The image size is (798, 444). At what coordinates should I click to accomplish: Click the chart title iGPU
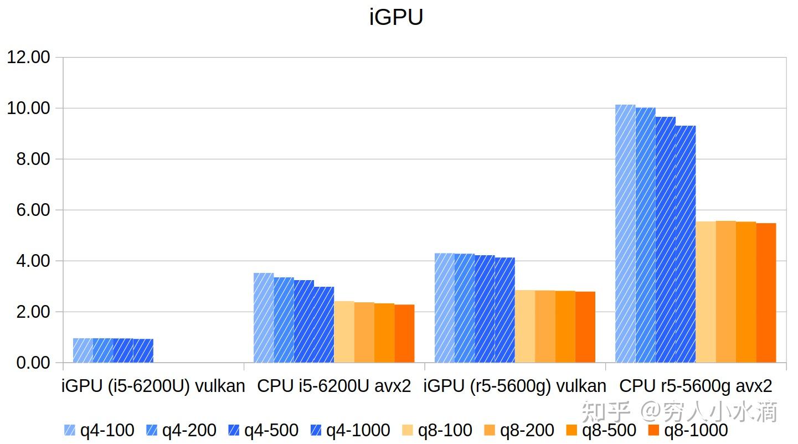[396, 17]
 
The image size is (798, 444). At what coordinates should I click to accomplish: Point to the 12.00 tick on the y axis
[28, 58]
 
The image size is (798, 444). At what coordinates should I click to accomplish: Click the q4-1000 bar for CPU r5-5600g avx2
[686, 244]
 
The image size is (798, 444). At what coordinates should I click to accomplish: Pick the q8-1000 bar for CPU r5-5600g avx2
[766, 293]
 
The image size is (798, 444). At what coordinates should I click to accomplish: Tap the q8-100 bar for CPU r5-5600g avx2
[706, 292]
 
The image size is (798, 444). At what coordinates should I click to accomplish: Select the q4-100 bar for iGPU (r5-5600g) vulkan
[444, 308]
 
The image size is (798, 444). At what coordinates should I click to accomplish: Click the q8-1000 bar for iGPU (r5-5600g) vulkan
[585, 327]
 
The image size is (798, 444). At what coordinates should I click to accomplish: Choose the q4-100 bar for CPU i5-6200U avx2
[264, 318]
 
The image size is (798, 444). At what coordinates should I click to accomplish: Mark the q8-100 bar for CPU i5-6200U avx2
[344, 332]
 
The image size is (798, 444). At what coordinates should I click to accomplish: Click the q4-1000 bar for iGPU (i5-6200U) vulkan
[143, 350]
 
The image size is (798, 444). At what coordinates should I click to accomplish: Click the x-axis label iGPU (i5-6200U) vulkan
[153, 386]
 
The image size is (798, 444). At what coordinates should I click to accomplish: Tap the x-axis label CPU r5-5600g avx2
[696, 386]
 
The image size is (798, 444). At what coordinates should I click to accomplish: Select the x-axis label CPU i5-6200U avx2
[334, 386]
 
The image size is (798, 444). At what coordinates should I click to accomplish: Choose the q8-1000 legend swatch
[655, 430]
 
